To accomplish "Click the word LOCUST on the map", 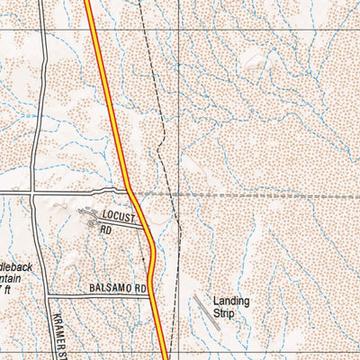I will (x=117, y=219).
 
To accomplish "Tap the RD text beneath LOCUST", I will (x=105, y=230).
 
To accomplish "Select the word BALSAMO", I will (x=111, y=289).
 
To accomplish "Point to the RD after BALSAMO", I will (x=139, y=289).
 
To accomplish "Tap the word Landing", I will (x=231, y=301).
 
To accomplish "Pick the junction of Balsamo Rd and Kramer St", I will (x=47, y=295).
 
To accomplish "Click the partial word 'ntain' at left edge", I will (x=12, y=280).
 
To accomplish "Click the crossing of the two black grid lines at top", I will (x=177, y=31).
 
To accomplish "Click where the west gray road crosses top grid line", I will (x=42, y=31).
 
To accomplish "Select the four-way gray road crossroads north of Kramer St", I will (x=32, y=193).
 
